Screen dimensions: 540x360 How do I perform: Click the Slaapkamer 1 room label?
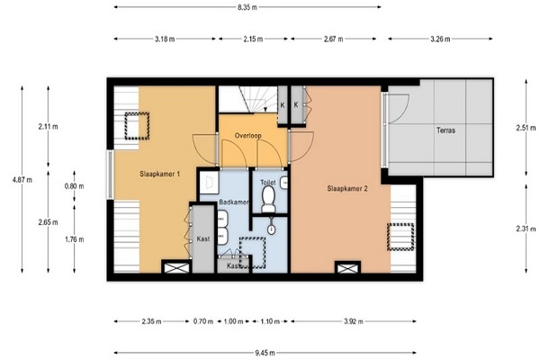point(159,174)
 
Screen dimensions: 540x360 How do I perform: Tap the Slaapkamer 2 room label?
point(347,188)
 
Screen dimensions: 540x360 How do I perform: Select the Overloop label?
point(248,135)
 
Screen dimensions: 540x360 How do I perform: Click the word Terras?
point(445,130)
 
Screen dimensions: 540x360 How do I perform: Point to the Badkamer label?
point(234,202)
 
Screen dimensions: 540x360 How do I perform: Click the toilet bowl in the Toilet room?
point(268,199)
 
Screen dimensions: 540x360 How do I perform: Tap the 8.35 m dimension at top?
point(247,7)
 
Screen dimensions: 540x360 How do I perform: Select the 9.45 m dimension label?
point(265,353)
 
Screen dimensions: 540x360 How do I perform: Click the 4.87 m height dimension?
point(22,179)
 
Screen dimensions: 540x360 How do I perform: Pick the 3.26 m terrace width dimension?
point(440,39)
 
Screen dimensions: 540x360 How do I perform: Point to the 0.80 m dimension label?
point(74,186)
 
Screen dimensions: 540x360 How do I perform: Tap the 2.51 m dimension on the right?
point(526,128)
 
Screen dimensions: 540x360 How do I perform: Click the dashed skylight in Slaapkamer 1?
point(137,126)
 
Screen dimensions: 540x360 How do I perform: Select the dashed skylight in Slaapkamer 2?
point(400,237)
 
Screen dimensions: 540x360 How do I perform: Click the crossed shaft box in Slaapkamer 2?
point(347,267)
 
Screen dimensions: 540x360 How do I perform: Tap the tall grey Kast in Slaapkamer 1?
point(202,238)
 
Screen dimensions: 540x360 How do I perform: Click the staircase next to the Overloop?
point(248,99)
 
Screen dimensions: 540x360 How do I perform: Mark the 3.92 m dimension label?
point(354,321)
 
